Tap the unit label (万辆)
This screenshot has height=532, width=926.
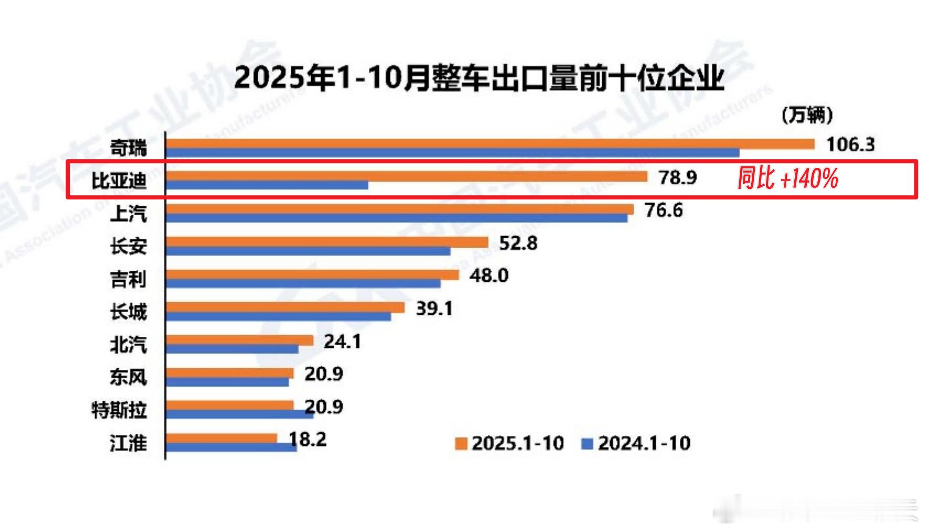pyautogui.click(x=807, y=115)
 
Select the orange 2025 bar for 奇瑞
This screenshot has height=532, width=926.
pyautogui.click(x=489, y=143)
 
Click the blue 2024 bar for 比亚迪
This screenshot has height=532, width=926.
pyautogui.click(x=267, y=185)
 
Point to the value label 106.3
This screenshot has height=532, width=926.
pyautogui.click(x=850, y=144)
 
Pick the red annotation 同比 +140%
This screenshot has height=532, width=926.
pyautogui.click(x=787, y=179)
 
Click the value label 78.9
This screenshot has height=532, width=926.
pyautogui.click(x=678, y=178)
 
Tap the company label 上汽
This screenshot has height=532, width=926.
pyautogui.click(x=128, y=214)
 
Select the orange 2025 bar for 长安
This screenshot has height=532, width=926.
pyautogui.click(x=327, y=242)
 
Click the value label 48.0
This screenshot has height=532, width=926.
pyautogui.click(x=489, y=275)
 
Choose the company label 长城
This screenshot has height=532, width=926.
pyautogui.click(x=128, y=312)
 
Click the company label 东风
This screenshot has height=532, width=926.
pyautogui.click(x=128, y=377)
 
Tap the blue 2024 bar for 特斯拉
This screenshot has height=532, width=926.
pyautogui.click(x=239, y=414)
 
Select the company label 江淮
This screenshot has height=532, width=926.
pyautogui.click(x=128, y=443)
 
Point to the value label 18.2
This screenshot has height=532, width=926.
pyautogui.click(x=308, y=439)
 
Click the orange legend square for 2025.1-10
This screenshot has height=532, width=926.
pyautogui.click(x=461, y=444)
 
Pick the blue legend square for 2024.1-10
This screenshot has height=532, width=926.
pyautogui.click(x=587, y=444)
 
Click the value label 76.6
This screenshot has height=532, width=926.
pyautogui.click(x=664, y=210)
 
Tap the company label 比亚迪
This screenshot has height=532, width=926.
pyautogui.click(x=119, y=181)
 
